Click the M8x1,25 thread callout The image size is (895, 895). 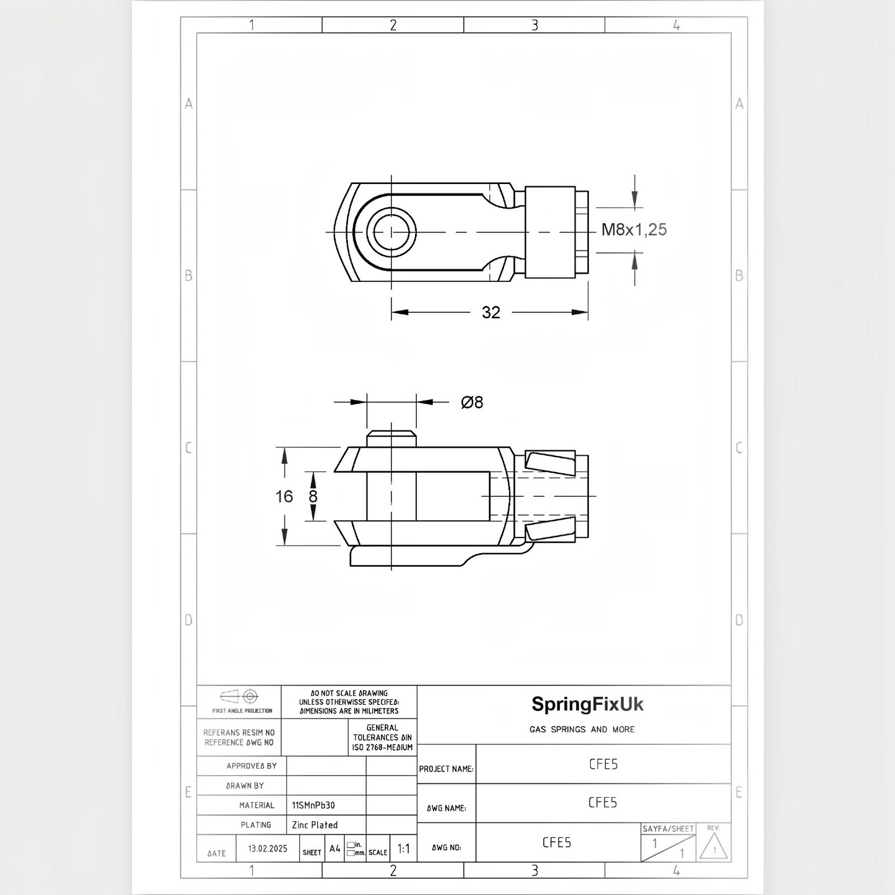pyautogui.click(x=634, y=229)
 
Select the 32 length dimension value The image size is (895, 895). pyautogui.click(x=491, y=313)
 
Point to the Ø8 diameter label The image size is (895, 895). pyautogui.click(x=472, y=402)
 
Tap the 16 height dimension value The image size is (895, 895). pyautogui.click(x=284, y=497)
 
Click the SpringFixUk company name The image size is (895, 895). pyautogui.click(x=588, y=704)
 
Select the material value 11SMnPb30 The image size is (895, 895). pyautogui.click(x=313, y=805)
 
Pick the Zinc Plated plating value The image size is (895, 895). pyautogui.click(x=315, y=825)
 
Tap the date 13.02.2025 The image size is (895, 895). pyautogui.click(x=268, y=849)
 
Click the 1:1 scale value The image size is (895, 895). pyautogui.click(x=404, y=849)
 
